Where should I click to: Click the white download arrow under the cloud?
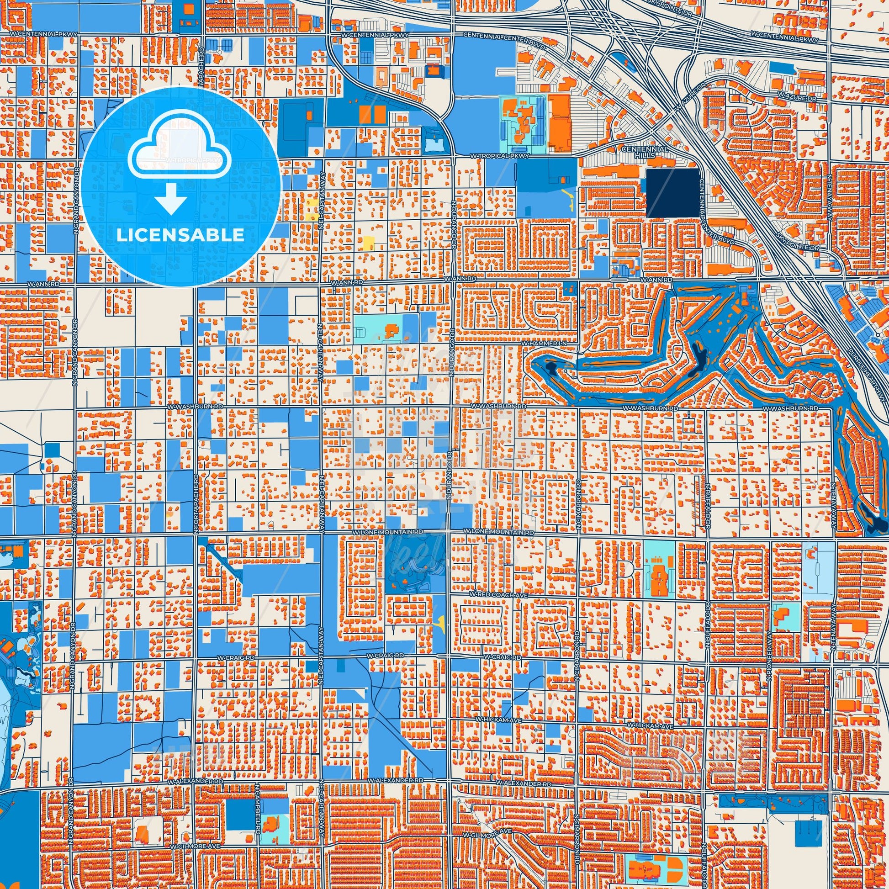pos(171,198)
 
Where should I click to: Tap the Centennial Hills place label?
pos(645,152)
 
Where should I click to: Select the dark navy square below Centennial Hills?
pos(672,193)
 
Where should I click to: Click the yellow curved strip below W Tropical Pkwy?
pos(568,199)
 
